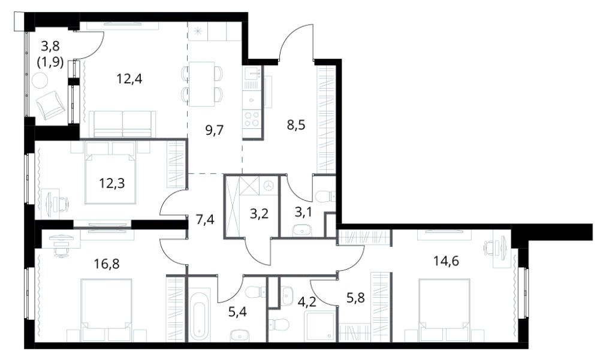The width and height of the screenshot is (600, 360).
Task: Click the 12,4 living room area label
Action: tap(129, 79)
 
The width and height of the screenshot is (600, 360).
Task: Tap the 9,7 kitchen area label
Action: tap(215, 130)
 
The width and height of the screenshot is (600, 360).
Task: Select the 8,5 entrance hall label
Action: tap(296, 125)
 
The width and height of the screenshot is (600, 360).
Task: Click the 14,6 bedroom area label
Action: tap(446, 261)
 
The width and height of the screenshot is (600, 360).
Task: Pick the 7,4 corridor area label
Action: tap(205, 220)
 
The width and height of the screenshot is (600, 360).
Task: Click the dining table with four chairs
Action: tap(201, 84)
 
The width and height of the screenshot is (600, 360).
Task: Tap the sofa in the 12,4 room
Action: tap(122, 124)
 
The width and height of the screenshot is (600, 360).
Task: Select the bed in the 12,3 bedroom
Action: tap(111, 172)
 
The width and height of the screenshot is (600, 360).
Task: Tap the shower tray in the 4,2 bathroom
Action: tap(320, 326)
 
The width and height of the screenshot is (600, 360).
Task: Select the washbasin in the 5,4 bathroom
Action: tap(239, 334)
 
